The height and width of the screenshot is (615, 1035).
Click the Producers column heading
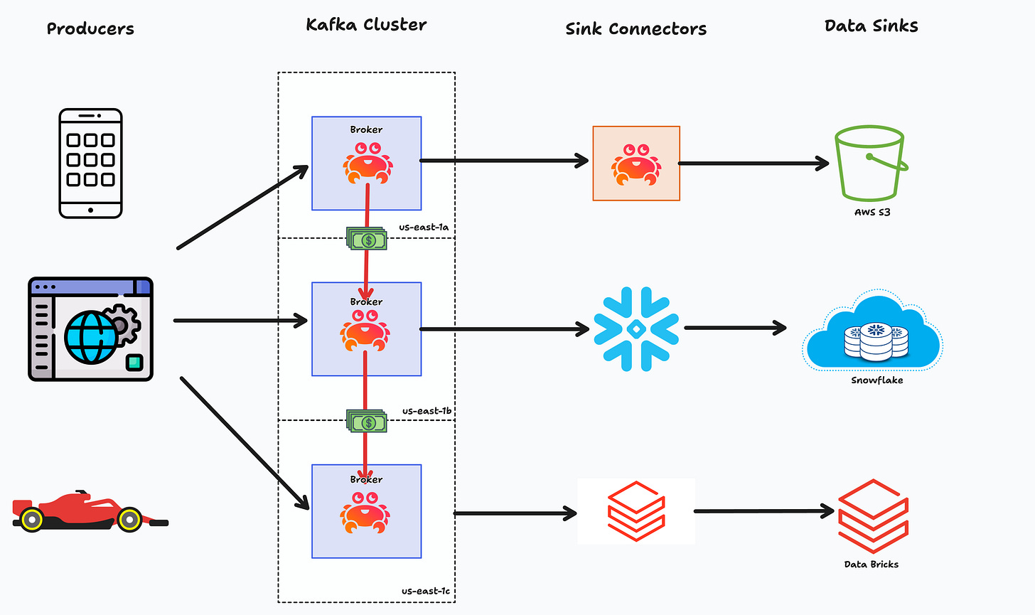[90, 28]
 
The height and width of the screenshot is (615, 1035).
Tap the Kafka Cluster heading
[366, 24]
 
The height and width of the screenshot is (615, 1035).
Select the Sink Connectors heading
[636, 28]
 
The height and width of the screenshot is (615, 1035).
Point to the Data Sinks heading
[872, 26]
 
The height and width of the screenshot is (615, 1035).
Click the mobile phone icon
[90, 163]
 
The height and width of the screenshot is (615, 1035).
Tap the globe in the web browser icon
[90, 337]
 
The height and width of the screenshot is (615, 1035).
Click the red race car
[90, 511]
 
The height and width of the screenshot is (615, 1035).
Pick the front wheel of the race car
[130, 519]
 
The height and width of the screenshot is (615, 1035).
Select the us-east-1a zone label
[424, 227]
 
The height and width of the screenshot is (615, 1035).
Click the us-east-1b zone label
[427, 411]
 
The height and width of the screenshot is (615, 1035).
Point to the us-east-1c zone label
[426, 591]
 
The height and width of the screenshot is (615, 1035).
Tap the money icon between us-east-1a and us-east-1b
[367, 238]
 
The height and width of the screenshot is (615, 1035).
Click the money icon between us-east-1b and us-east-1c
[367, 421]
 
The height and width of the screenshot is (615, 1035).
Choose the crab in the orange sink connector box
[636, 164]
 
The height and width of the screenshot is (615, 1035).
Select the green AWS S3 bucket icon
[871, 163]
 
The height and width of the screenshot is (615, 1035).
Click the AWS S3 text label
[872, 212]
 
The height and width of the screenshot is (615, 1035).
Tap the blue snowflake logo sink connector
[636, 329]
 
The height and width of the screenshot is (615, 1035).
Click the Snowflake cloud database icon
[873, 331]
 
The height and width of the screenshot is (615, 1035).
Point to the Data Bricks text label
[872, 565]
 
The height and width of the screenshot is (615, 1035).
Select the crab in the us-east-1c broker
[365, 513]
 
